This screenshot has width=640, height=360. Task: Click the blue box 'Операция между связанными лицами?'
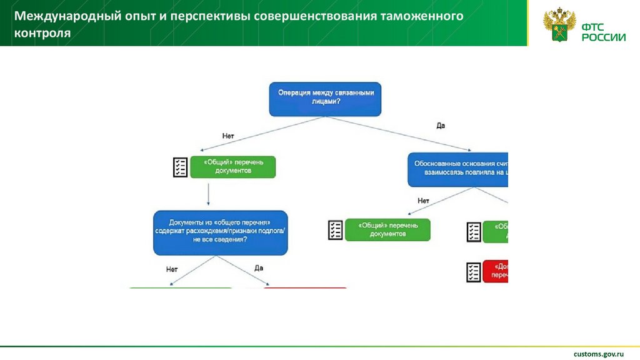(x=325, y=98)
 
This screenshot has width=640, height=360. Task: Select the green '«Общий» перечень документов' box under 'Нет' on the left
(x=232, y=166)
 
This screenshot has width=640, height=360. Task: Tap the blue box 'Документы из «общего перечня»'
(x=221, y=232)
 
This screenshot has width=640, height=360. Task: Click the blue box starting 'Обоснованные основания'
(x=458, y=169)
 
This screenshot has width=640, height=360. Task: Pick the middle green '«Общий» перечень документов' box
(x=387, y=230)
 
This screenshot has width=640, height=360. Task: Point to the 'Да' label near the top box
(x=440, y=126)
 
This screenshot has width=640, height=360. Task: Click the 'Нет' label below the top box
(x=227, y=135)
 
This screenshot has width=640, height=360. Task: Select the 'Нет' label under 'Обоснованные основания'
(x=423, y=201)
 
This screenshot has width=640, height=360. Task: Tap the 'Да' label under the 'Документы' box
(x=259, y=268)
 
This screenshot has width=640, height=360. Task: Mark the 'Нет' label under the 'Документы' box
(x=172, y=269)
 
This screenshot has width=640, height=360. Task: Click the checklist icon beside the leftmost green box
(x=180, y=167)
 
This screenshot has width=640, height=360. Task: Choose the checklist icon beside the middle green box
(x=336, y=230)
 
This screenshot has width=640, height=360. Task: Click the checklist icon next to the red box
(x=474, y=272)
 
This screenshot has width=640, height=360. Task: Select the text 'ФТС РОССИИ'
(x=603, y=32)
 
